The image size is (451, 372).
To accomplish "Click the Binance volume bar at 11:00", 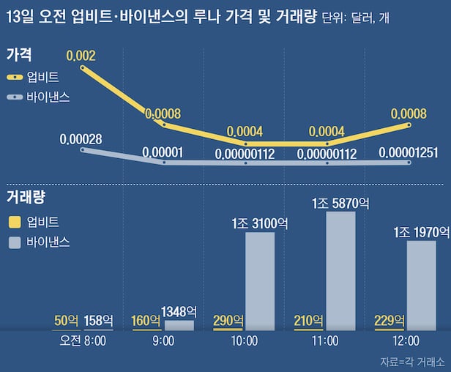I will pyautogui.click(x=340, y=271).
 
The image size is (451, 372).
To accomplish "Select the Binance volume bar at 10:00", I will pyautogui.click(x=260, y=281).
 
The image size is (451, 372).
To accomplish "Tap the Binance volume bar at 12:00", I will pyautogui.click(x=421, y=286).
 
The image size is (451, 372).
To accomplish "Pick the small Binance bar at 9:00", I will pyautogui.click(x=179, y=325).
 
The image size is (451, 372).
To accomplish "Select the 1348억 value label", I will pyautogui.click(x=179, y=311).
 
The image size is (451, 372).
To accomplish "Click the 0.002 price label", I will pyautogui.click(x=81, y=56).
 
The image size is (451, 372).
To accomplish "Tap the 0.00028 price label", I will pyautogui.click(x=81, y=138).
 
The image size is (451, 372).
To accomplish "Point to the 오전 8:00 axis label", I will pyautogui.click(x=83, y=341).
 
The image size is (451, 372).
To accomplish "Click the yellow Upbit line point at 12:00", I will pyautogui.click(x=408, y=125).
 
